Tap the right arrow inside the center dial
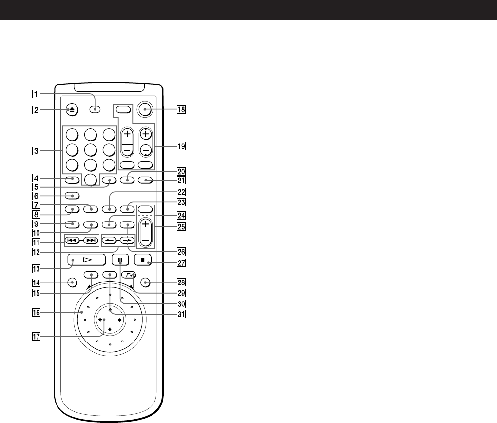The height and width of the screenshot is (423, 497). click(119, 320)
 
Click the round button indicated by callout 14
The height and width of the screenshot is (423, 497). click(72, 282)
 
